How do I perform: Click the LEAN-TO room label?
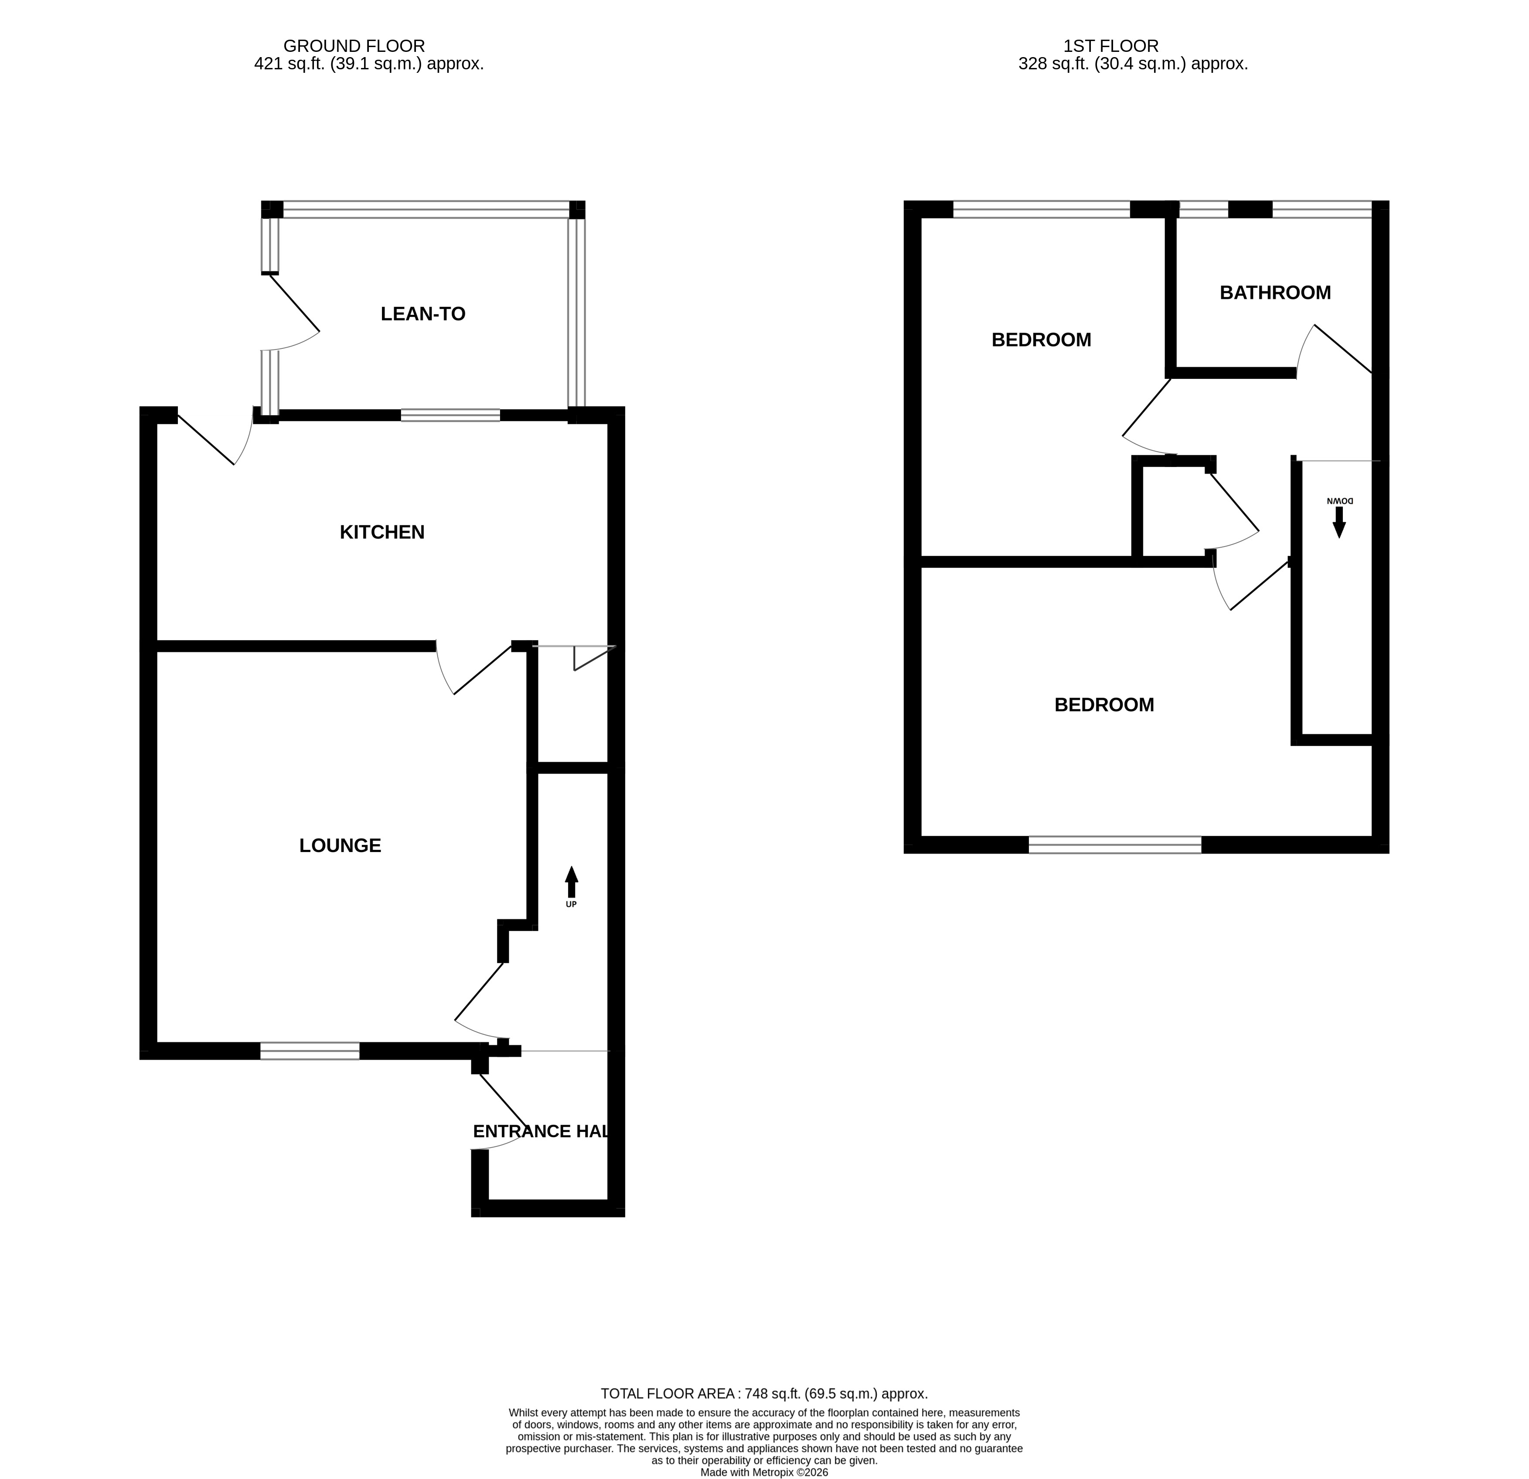pyautogui.click(x=423, y=314)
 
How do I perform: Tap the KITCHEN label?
pyautogui.click(x=382, y=532)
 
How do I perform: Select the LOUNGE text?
pyautogui.click(x=340, y=845)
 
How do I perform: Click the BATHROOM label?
pyautogui.click(x=1275, y=293)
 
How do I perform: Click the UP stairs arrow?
pyautogui.click(x=572, y=882)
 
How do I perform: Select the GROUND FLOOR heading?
pyautogui.click(x=354, y=46)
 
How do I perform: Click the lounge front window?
pyautogui.click(x=310, y=1051)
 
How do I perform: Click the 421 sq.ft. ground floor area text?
pyautogui.click(x=369, y=64)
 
